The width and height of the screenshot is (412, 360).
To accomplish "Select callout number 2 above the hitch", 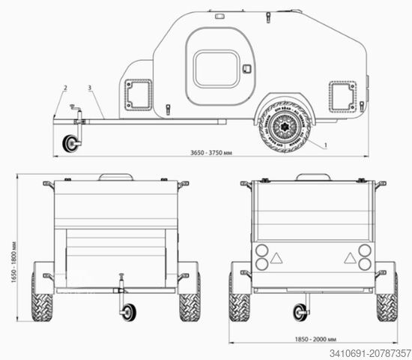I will pyautogui.click(x=66, y=88).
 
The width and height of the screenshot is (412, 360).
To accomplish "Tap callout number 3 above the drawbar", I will pyautogui.click(x=90, y=88).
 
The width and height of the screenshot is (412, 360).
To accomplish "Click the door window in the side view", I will pyautogui.click(x=216, y=69).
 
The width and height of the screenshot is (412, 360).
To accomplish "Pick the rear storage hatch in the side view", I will pyautogui.click(x=341, y=95).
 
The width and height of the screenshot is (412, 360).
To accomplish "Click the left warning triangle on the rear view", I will pyautogui.click(x=276, y=257).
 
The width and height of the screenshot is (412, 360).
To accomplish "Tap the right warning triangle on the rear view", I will pyautogui.click(x=349, y=257).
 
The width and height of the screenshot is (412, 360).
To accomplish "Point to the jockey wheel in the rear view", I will pyautogui.click(x=301, y=311).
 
